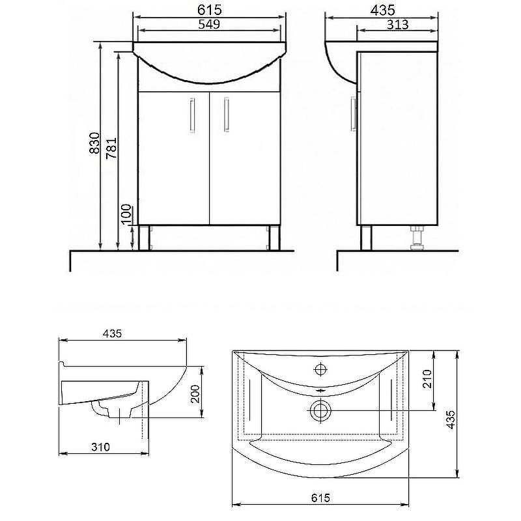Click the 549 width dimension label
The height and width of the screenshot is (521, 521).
point(209,24)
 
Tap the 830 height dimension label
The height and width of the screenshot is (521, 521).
point(94,143)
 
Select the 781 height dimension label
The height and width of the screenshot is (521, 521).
point(111,148)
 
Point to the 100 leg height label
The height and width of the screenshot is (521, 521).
point(126,214)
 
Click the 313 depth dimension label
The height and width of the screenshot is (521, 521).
point(398,25)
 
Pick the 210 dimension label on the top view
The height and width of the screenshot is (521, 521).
point(427,378)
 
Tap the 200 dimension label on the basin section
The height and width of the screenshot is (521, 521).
point(195,394)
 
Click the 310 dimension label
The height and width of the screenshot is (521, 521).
point(100,447)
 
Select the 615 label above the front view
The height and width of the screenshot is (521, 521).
point(209,10)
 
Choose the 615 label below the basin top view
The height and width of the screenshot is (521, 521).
point(320,498)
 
